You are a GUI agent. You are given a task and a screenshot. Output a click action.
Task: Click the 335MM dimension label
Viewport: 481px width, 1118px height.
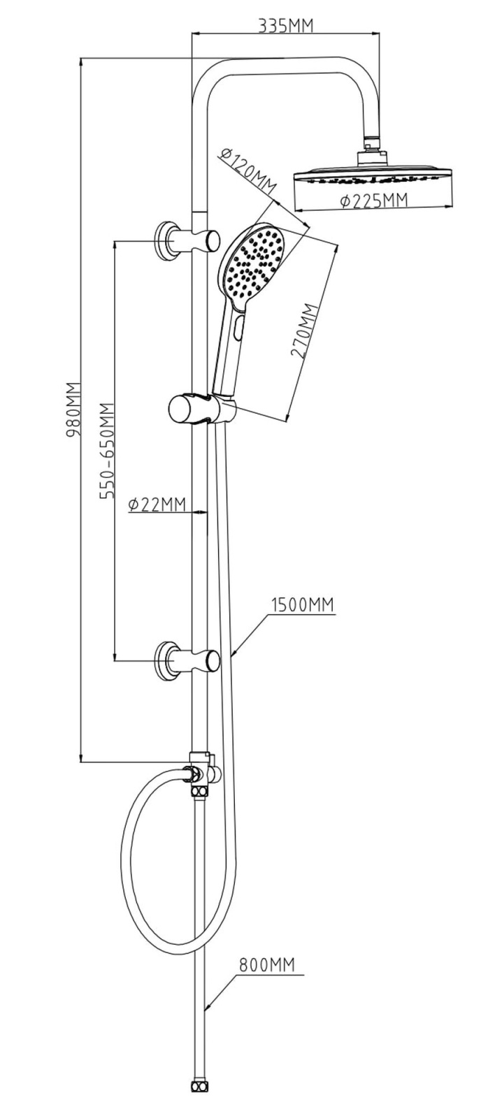coord(285,25)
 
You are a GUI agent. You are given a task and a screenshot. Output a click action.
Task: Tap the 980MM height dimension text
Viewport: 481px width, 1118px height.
coord(75,411)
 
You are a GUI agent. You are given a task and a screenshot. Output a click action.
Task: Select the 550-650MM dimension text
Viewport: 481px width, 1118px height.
coord(108,449)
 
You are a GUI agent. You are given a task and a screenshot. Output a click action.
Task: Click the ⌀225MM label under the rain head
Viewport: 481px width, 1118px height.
coord(373,201)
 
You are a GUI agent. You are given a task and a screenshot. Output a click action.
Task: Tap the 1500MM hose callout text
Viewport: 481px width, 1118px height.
coord(302,604)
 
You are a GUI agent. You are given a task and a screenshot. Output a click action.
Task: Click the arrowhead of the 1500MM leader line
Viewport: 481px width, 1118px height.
coord(235,651)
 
